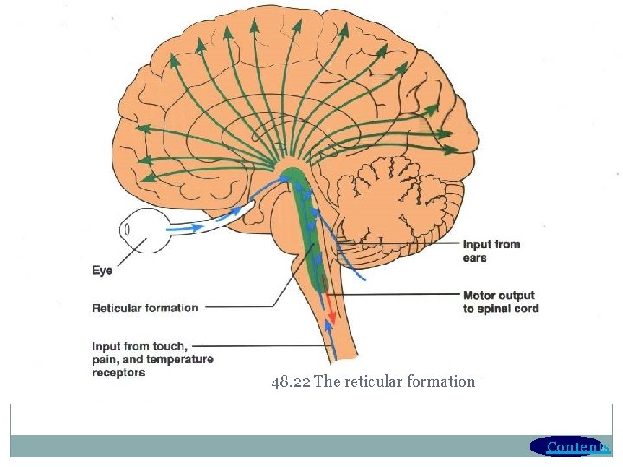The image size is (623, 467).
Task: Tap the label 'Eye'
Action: pyautogui.click(x=102, y=271)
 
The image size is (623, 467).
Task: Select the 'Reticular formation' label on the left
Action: pyautogui.click(x=145, y=307)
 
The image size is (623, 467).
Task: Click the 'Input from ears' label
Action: pyautogui.click(x=491, y=251)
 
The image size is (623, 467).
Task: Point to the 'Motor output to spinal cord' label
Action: pyautogui.click(x=500, y=302)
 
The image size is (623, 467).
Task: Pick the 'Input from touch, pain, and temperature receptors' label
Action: pyautogui.click(x=152, y=359)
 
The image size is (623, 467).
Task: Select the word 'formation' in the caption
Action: pyautogui.click(x=444, y=381)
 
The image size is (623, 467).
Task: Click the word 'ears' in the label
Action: pyautogui.click(x=474, y=258)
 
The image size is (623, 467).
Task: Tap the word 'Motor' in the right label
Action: pyautogui.click(x=480, y=296)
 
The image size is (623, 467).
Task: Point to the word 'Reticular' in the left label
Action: pyautogui.click(x=119, y=307)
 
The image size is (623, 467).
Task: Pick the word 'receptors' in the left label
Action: pyautogui.click(x=119, y=373)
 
